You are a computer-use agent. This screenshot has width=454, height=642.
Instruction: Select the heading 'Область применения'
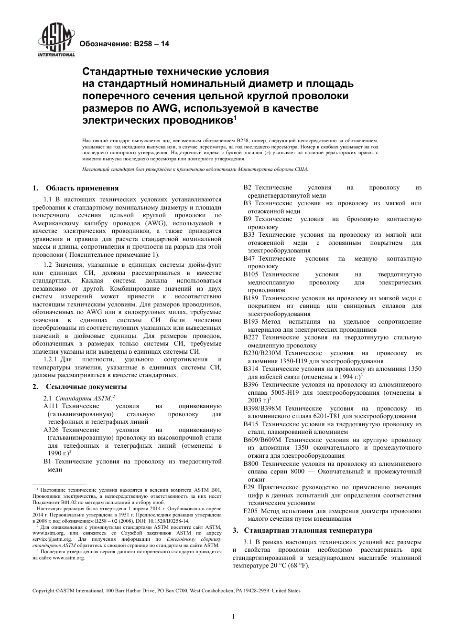click(x=82, y=188)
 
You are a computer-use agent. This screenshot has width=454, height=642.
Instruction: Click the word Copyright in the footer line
click(x=43, y=591)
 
